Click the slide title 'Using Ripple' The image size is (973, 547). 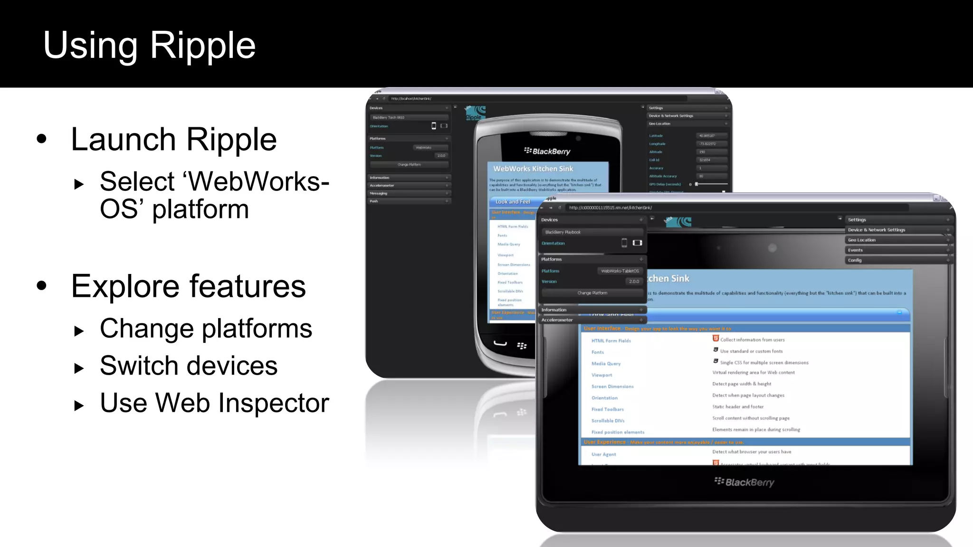pos(149,45)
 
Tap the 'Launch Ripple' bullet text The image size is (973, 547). pos(173,140)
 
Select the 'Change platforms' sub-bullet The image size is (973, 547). pos(206,329)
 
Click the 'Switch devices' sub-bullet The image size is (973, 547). pos(189,366)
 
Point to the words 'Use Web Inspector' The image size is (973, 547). pos(214,403)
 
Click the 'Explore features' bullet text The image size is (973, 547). pos(188,286)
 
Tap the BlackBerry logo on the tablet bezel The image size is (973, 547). pos(744,482)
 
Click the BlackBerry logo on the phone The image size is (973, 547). pos(547,151)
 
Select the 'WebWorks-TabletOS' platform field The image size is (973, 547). pos(620,271)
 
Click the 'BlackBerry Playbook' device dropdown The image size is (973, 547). pos(592,232)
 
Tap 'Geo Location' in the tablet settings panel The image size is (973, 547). pos(862,240)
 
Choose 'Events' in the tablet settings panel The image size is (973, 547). pos(855,250)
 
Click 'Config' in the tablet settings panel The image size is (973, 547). pos(855,260)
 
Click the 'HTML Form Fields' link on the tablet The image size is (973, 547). pos(611,341)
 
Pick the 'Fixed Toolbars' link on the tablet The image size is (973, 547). pos(607,409)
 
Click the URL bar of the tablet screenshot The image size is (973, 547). pos(736,207)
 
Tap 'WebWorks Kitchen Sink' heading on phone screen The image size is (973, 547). pos(533,169)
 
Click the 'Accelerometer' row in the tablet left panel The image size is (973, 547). pos(557,320)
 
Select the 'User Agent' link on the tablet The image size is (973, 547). pos(603,454)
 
